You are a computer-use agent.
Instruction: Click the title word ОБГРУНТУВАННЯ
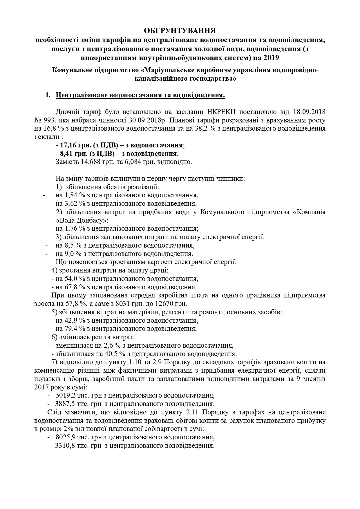(180, 30)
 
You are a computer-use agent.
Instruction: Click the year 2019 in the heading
(271, 57)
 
